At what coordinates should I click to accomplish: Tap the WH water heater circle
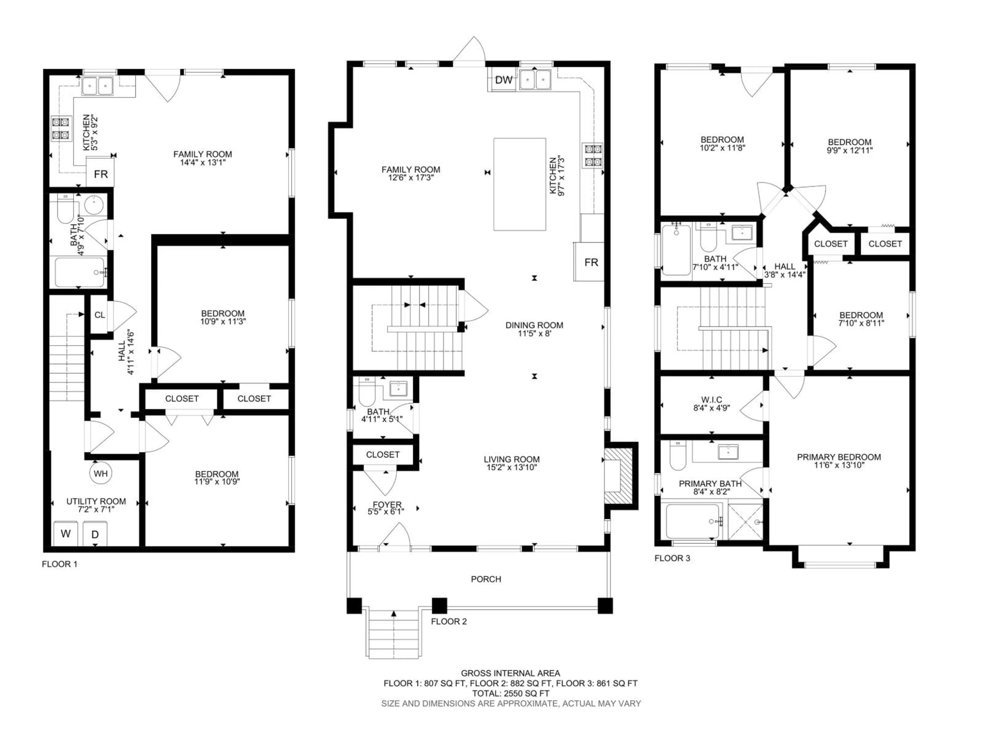coord(100,474)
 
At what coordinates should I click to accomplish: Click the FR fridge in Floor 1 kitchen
coord(100,174)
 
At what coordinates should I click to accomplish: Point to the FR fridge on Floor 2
coord(591,263)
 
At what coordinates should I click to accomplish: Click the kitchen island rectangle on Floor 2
coord(519,184)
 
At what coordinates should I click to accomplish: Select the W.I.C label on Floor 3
coord(711,400)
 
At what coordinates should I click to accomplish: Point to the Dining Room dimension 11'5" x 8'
coord(534,333)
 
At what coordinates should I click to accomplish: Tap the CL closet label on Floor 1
coord(100,315)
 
